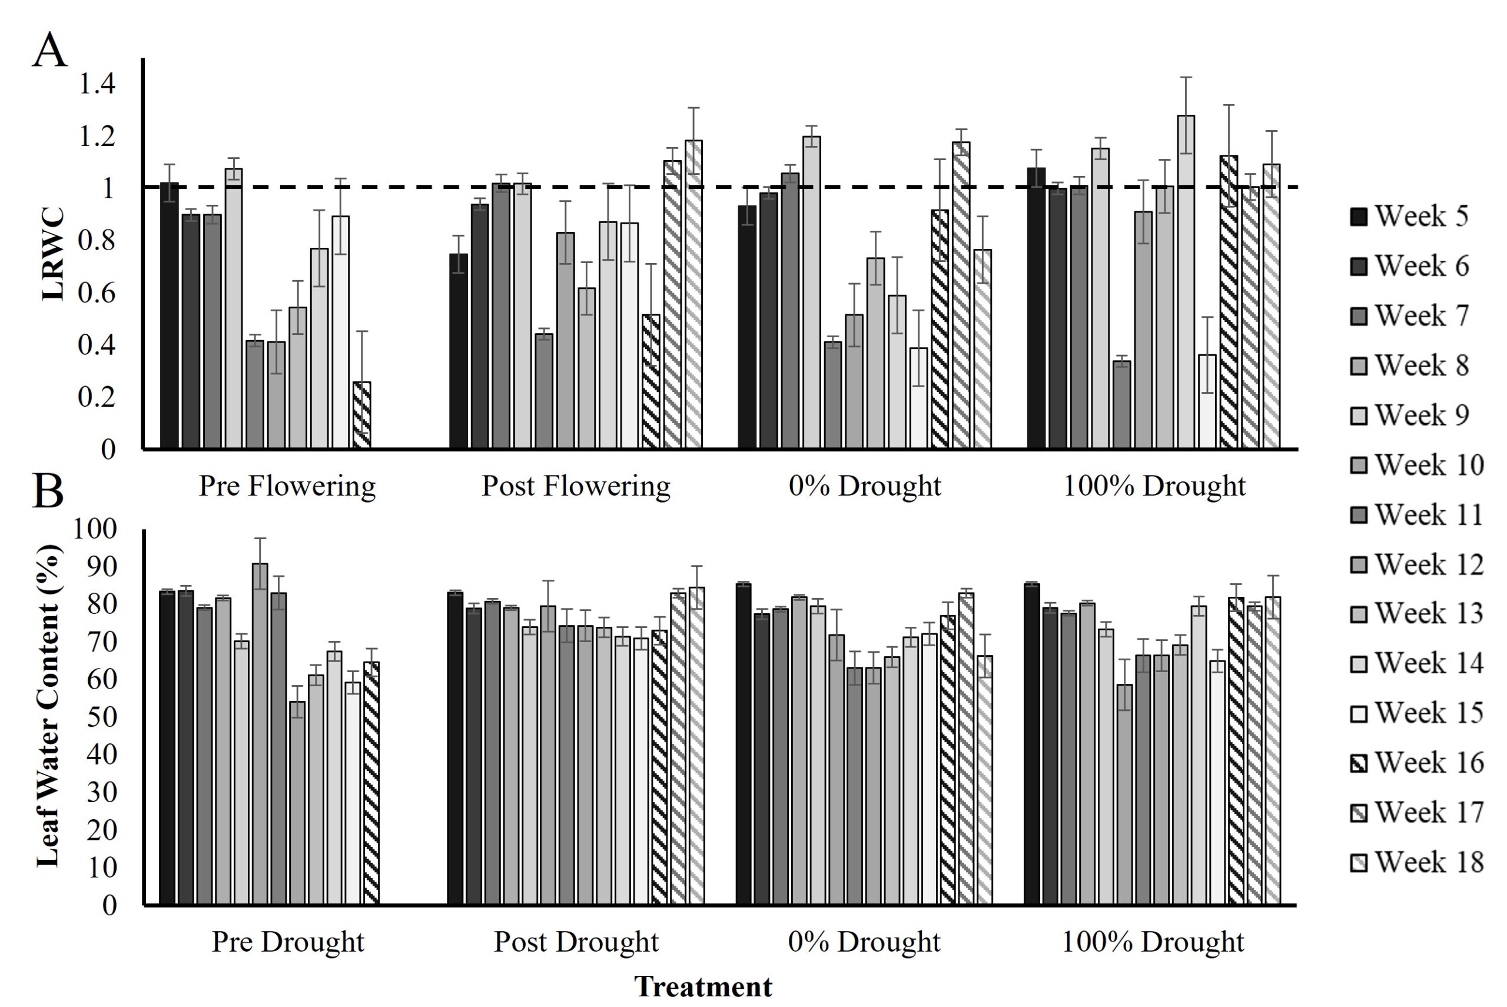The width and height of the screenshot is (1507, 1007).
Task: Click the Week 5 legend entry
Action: point(1409,217)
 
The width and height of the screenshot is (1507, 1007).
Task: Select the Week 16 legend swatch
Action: point(1359,763)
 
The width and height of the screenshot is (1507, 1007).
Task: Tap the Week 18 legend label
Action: point(1429,862)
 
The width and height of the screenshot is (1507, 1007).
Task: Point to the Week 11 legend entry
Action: point(1416,515)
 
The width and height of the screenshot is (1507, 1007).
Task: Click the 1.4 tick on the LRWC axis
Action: point(97,84)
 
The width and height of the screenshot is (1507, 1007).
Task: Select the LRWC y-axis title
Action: point(54,254)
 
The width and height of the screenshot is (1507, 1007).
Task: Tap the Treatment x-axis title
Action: point(703,986)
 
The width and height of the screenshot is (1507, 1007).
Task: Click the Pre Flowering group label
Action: point(287,486)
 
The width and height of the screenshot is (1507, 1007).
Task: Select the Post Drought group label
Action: point(576,942)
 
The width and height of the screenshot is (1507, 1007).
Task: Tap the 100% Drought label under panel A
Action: point(1154,486)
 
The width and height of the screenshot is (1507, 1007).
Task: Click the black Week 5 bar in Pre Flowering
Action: point(170,315)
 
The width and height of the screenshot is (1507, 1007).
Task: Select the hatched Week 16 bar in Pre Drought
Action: point(371,783)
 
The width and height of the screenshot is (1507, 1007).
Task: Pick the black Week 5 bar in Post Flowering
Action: point(459,351)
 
